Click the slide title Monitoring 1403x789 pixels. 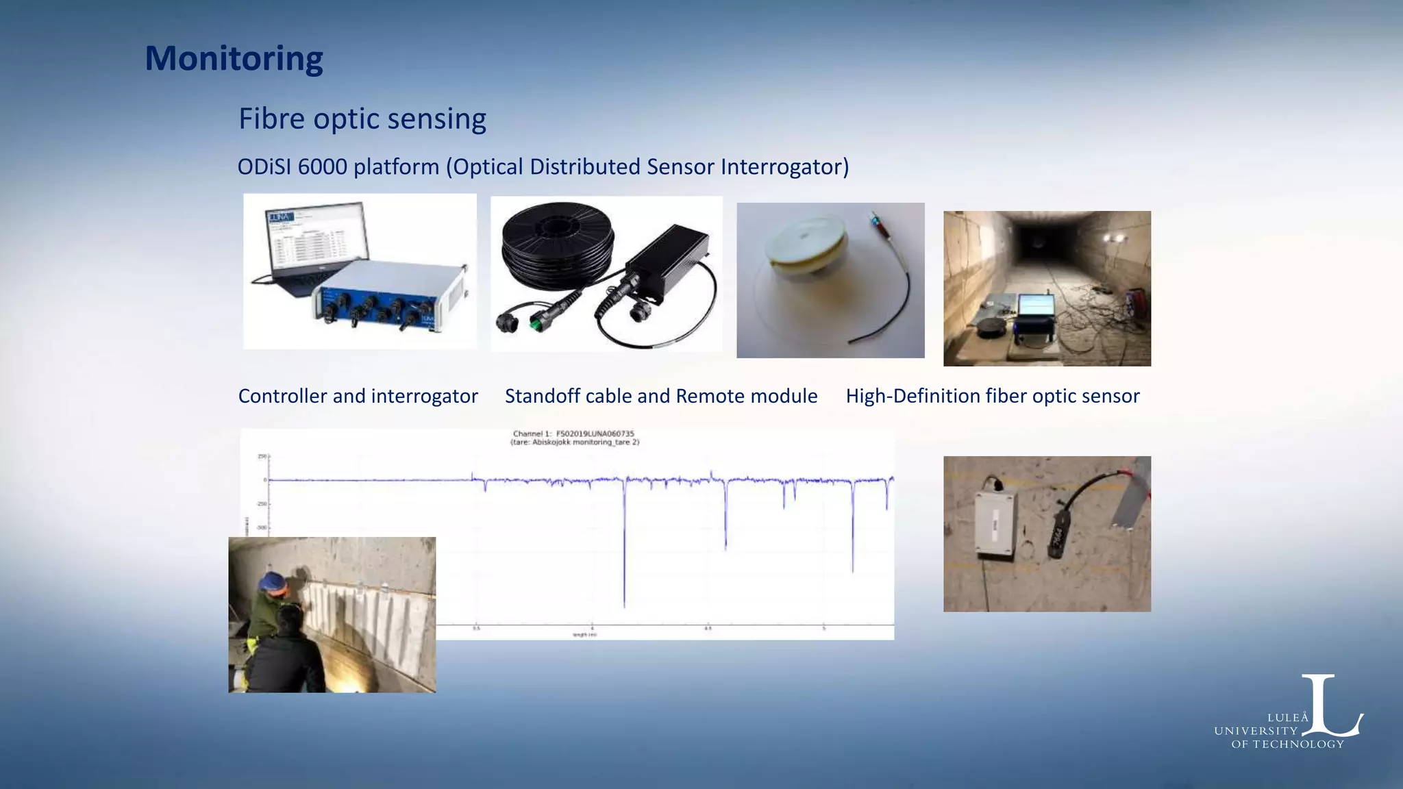[234, 59]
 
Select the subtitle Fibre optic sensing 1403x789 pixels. [362, 119]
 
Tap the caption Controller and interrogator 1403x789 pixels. [358, 396]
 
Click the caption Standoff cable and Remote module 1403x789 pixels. [660, 396]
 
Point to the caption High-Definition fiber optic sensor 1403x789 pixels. [992, 396]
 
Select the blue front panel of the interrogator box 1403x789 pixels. [373, 308]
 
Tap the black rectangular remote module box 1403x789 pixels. [668, 264]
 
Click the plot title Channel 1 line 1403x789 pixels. [573, 434]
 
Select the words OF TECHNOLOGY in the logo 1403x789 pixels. [1287, 744]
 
